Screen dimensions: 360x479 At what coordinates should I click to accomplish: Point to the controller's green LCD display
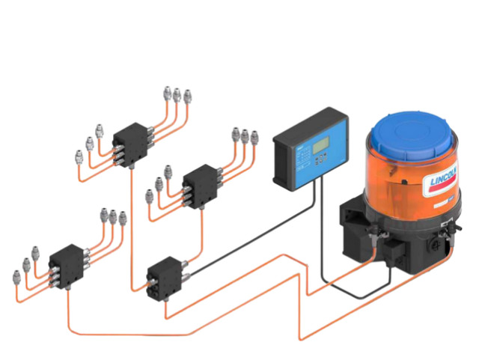click(321, 143)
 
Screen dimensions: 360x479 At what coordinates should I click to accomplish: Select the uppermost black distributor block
click(133, 138)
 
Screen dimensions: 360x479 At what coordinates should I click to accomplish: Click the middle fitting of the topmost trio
click(177, 95)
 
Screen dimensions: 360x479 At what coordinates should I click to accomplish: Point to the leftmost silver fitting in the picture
click(17, 278)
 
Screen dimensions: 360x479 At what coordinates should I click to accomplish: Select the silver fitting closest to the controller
click(254, 136)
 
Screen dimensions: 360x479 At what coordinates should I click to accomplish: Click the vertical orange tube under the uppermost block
click(132, 225)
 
